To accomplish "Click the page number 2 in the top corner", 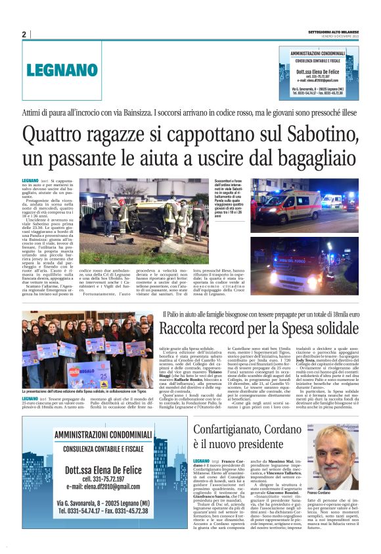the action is tap(24, 34).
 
